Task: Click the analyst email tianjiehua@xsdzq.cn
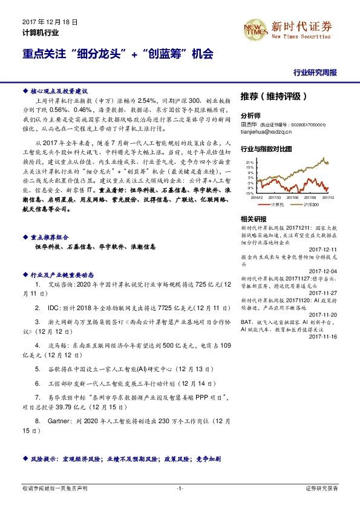(x=266, y=131)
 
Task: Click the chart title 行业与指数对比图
(x=266, y=148)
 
